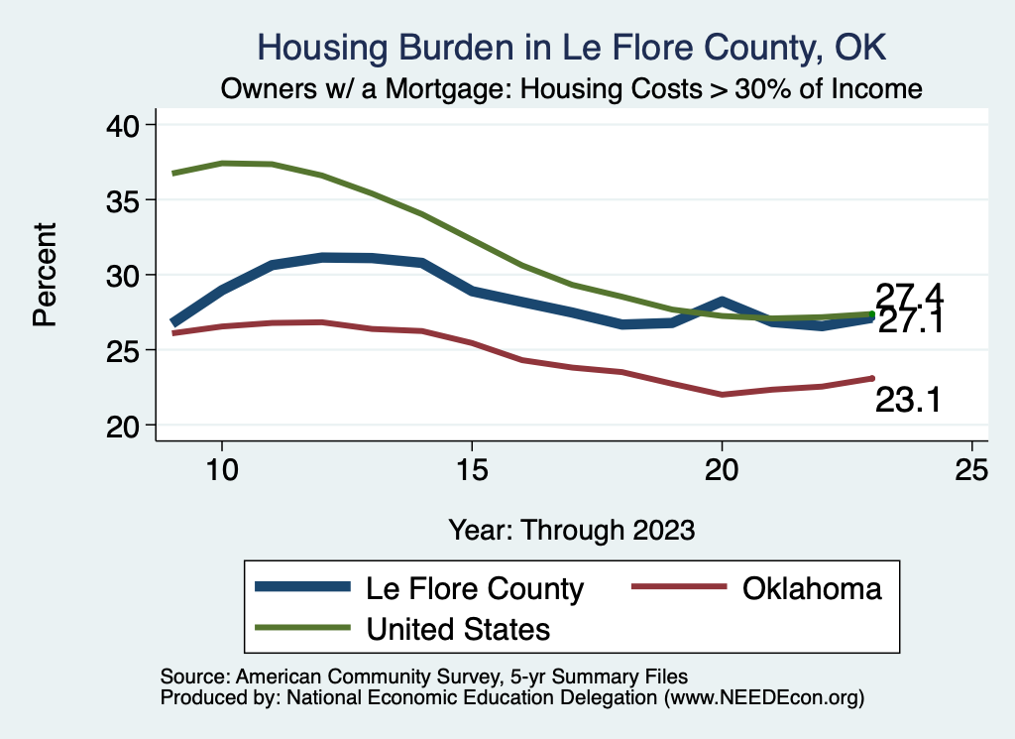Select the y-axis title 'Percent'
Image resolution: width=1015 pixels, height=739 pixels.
45,275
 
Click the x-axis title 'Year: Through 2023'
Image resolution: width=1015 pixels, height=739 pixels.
571,529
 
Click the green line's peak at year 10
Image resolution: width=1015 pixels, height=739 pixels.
222,163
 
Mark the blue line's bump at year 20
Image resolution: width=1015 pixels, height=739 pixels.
722,301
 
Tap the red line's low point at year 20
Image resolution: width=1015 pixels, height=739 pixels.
722,395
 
